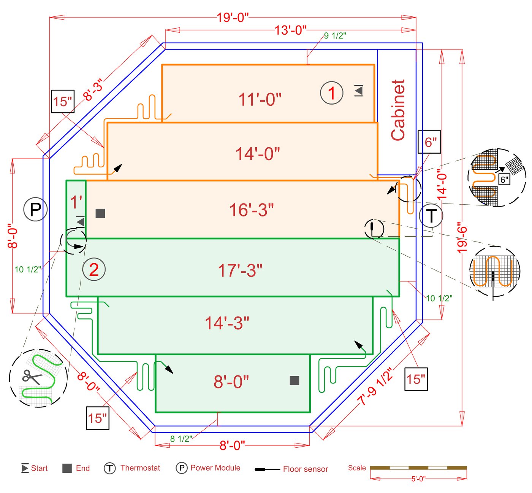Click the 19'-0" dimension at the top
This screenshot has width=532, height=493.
point(233,17)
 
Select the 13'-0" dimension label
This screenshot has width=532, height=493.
point(290,30)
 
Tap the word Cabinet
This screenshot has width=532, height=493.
point(398,110)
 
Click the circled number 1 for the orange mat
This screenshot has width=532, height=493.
point(332,93)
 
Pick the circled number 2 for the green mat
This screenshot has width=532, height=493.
point(94,269)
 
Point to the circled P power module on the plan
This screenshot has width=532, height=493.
point(35,209)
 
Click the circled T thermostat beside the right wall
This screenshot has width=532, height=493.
point(431,216)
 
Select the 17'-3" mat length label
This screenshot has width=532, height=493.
point(240,270)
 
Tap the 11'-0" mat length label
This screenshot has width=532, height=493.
point(260,99)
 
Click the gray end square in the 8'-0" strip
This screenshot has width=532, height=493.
point(294,380)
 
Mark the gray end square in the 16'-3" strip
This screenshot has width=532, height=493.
point(100,213)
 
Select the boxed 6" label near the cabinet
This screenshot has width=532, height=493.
point(429,142)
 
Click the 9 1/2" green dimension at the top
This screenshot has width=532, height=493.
point(335,36)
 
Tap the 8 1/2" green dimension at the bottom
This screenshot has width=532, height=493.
point(181,439)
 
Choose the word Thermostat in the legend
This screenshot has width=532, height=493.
point(140,468)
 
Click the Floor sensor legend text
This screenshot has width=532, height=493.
point(306,469)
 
